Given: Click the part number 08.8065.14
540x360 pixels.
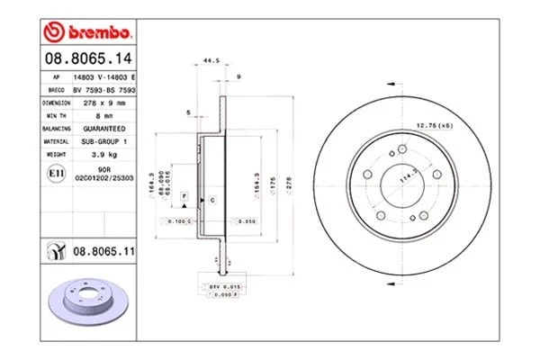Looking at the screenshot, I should (87, 59).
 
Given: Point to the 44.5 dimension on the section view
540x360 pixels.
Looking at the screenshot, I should (212, 61).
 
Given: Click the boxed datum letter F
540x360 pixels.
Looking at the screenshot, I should (184, 195).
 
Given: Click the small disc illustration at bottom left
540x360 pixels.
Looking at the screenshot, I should (87, 300).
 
